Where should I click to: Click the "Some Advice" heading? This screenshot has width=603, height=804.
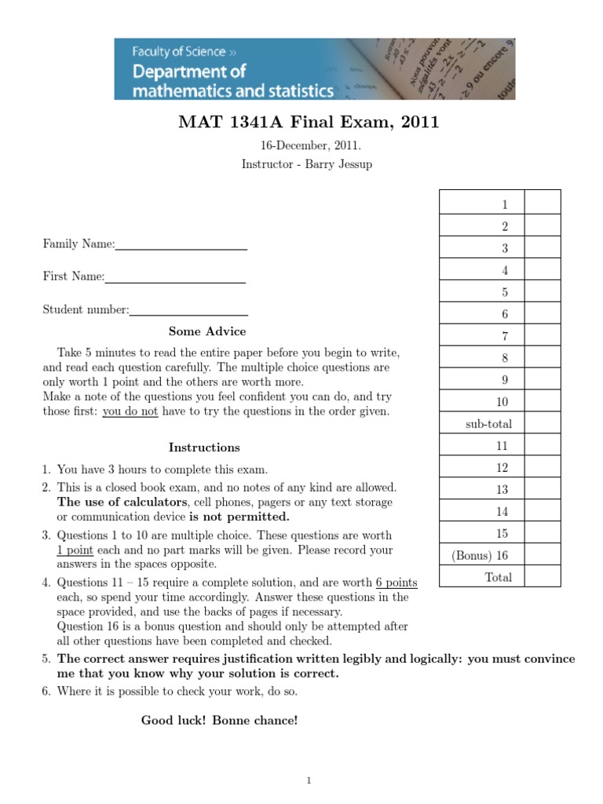tap(207, 331)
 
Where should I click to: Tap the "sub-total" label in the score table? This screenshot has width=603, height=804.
tap(488, 424)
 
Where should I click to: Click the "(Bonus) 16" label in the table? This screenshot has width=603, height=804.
tap(480, 555)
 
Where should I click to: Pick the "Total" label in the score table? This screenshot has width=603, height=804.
tap(498, 577)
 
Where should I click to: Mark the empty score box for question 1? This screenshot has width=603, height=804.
tap(542, 204)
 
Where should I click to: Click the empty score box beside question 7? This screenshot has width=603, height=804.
tap(542, 336)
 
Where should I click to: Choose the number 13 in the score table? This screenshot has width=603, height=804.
tap(502, 489)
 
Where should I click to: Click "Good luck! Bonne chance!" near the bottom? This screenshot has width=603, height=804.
tap(219, 720)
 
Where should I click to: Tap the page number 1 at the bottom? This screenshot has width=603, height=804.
tap(309, 780)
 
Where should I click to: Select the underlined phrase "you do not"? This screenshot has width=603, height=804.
tap(130, 411)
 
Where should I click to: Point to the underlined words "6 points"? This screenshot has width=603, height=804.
tap(397, 583)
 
